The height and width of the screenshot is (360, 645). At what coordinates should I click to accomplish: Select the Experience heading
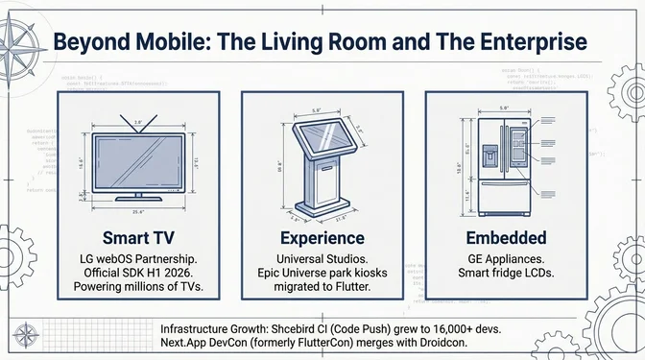[x=322, y=237]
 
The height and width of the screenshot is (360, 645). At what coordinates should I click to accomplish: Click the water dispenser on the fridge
[x=490, y=154]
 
